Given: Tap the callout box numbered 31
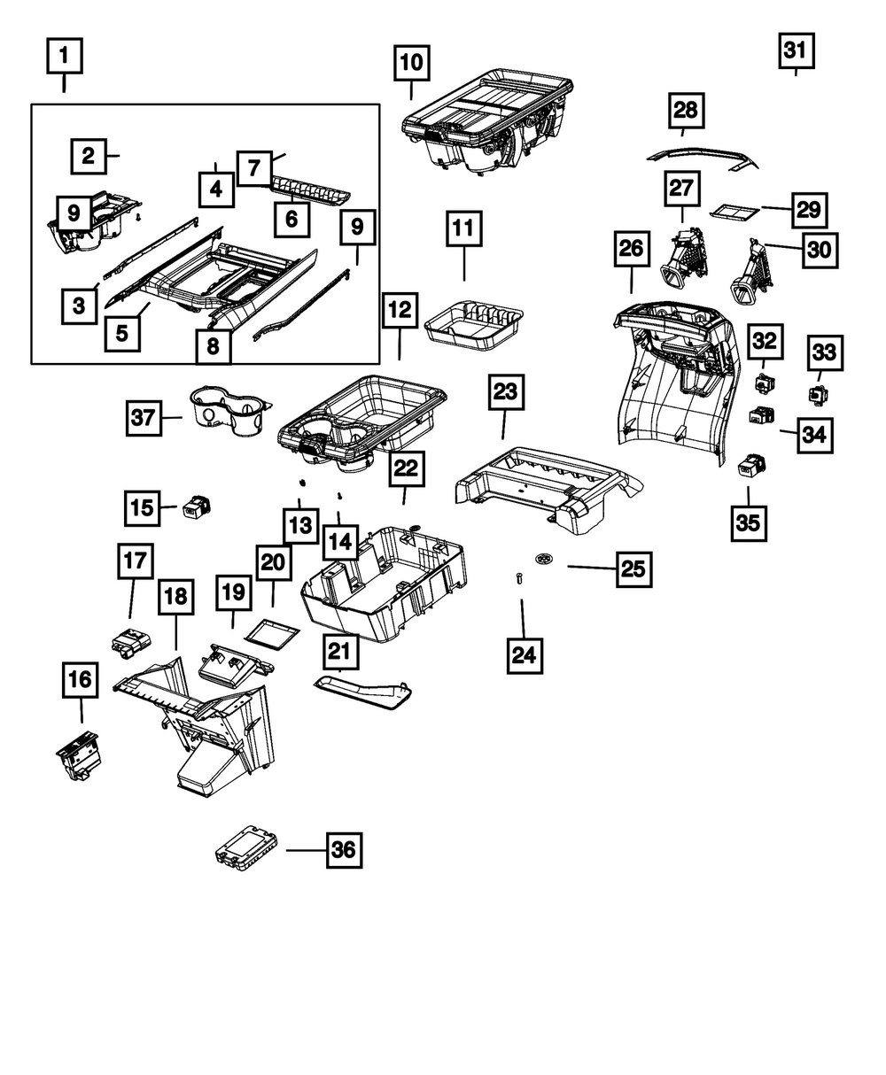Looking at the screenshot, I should pos(796,50).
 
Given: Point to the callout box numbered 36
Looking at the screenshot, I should pos(343,850).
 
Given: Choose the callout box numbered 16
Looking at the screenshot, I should pos(81,680).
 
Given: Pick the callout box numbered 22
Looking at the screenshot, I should pos(405,469).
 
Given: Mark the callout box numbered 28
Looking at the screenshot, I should pos(686,110).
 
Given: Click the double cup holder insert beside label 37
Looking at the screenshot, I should pos(227,411).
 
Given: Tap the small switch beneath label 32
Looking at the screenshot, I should pos(764,383).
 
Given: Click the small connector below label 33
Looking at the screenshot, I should pos(817,392).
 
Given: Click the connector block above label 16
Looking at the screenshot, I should pos(129,639).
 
